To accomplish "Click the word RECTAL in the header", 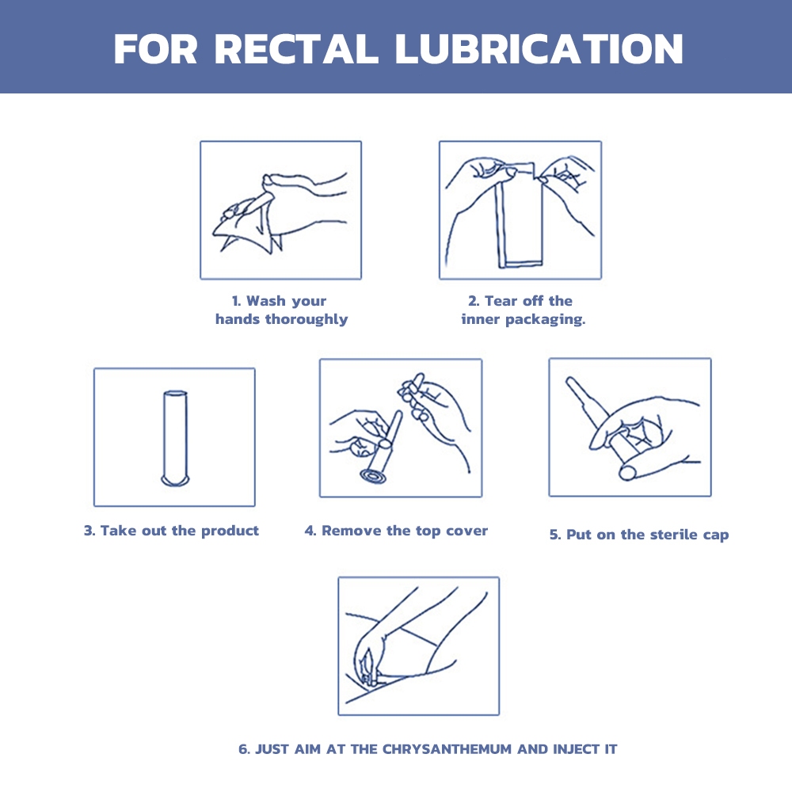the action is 296,49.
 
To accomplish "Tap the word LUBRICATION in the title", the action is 539,49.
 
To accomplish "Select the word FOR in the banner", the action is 155,49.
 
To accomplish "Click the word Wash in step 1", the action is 265,301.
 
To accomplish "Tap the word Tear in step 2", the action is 501,301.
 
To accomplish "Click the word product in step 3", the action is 230,531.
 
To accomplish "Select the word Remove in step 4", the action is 352,531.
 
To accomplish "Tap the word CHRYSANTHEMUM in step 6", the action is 447,749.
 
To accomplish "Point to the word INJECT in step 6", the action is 576,749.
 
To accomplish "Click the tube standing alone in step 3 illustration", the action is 175,438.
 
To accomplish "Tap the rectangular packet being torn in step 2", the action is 520,215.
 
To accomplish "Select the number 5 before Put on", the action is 554,535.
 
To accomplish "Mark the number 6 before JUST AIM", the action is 244,749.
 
